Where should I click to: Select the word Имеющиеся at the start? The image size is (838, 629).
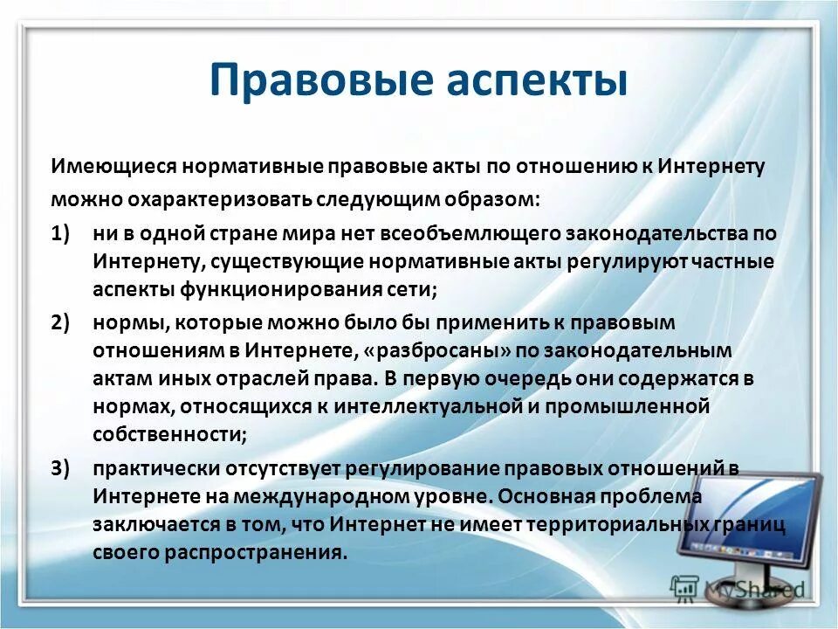(x=103, y=166)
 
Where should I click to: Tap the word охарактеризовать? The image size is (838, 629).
(x=199, y=199)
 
